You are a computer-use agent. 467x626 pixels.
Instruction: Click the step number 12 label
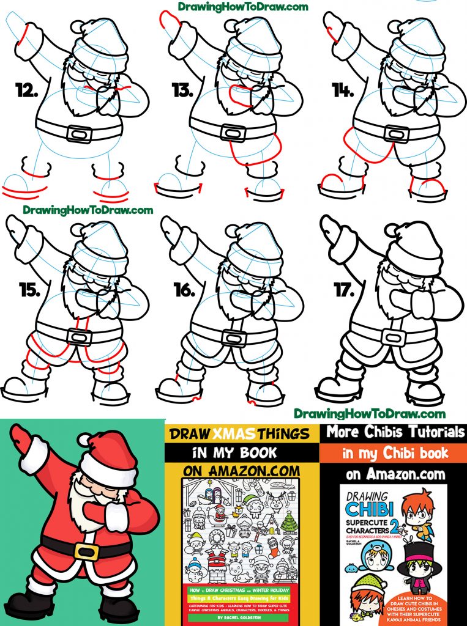click(28, 92)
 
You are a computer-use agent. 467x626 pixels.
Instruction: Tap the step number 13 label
click(182, 92)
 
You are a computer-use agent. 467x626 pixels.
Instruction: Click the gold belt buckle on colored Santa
click(86, 551)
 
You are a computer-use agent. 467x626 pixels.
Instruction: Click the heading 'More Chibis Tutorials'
click(395, 432)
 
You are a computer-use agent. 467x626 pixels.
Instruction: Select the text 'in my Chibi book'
click(395, 452)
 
